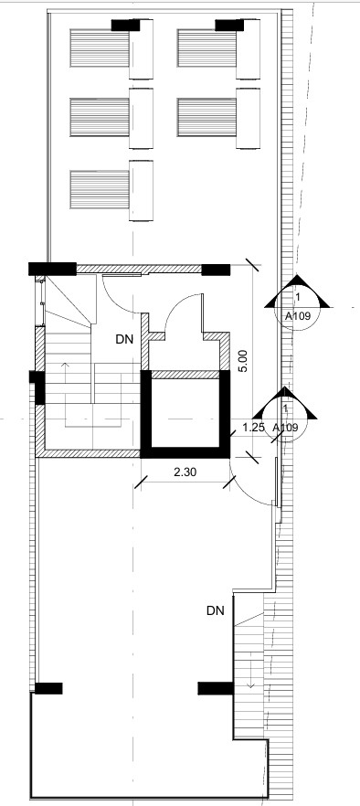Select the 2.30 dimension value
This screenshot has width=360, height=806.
pos(185,472)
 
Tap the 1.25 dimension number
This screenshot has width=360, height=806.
pos(253,427)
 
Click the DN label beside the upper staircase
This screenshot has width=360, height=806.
pos(126,339)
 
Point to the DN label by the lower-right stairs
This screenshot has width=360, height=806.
pos(216,610)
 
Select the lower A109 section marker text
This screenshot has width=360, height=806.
pos(284,427)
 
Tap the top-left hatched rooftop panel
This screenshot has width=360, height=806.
pos(100,48)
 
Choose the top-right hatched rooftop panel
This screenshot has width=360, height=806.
pos(206,48)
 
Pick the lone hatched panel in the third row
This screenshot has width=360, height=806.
pos(100,190)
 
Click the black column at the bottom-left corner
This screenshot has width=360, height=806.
pos(48,688)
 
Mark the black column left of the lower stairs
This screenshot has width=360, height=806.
pos(216,688)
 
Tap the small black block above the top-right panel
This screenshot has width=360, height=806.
pos(229,26)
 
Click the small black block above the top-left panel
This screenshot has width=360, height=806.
pos(126,26)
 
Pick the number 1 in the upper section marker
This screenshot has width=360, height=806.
pos(298,297)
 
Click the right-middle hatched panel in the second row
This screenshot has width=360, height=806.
pos(206,117)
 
